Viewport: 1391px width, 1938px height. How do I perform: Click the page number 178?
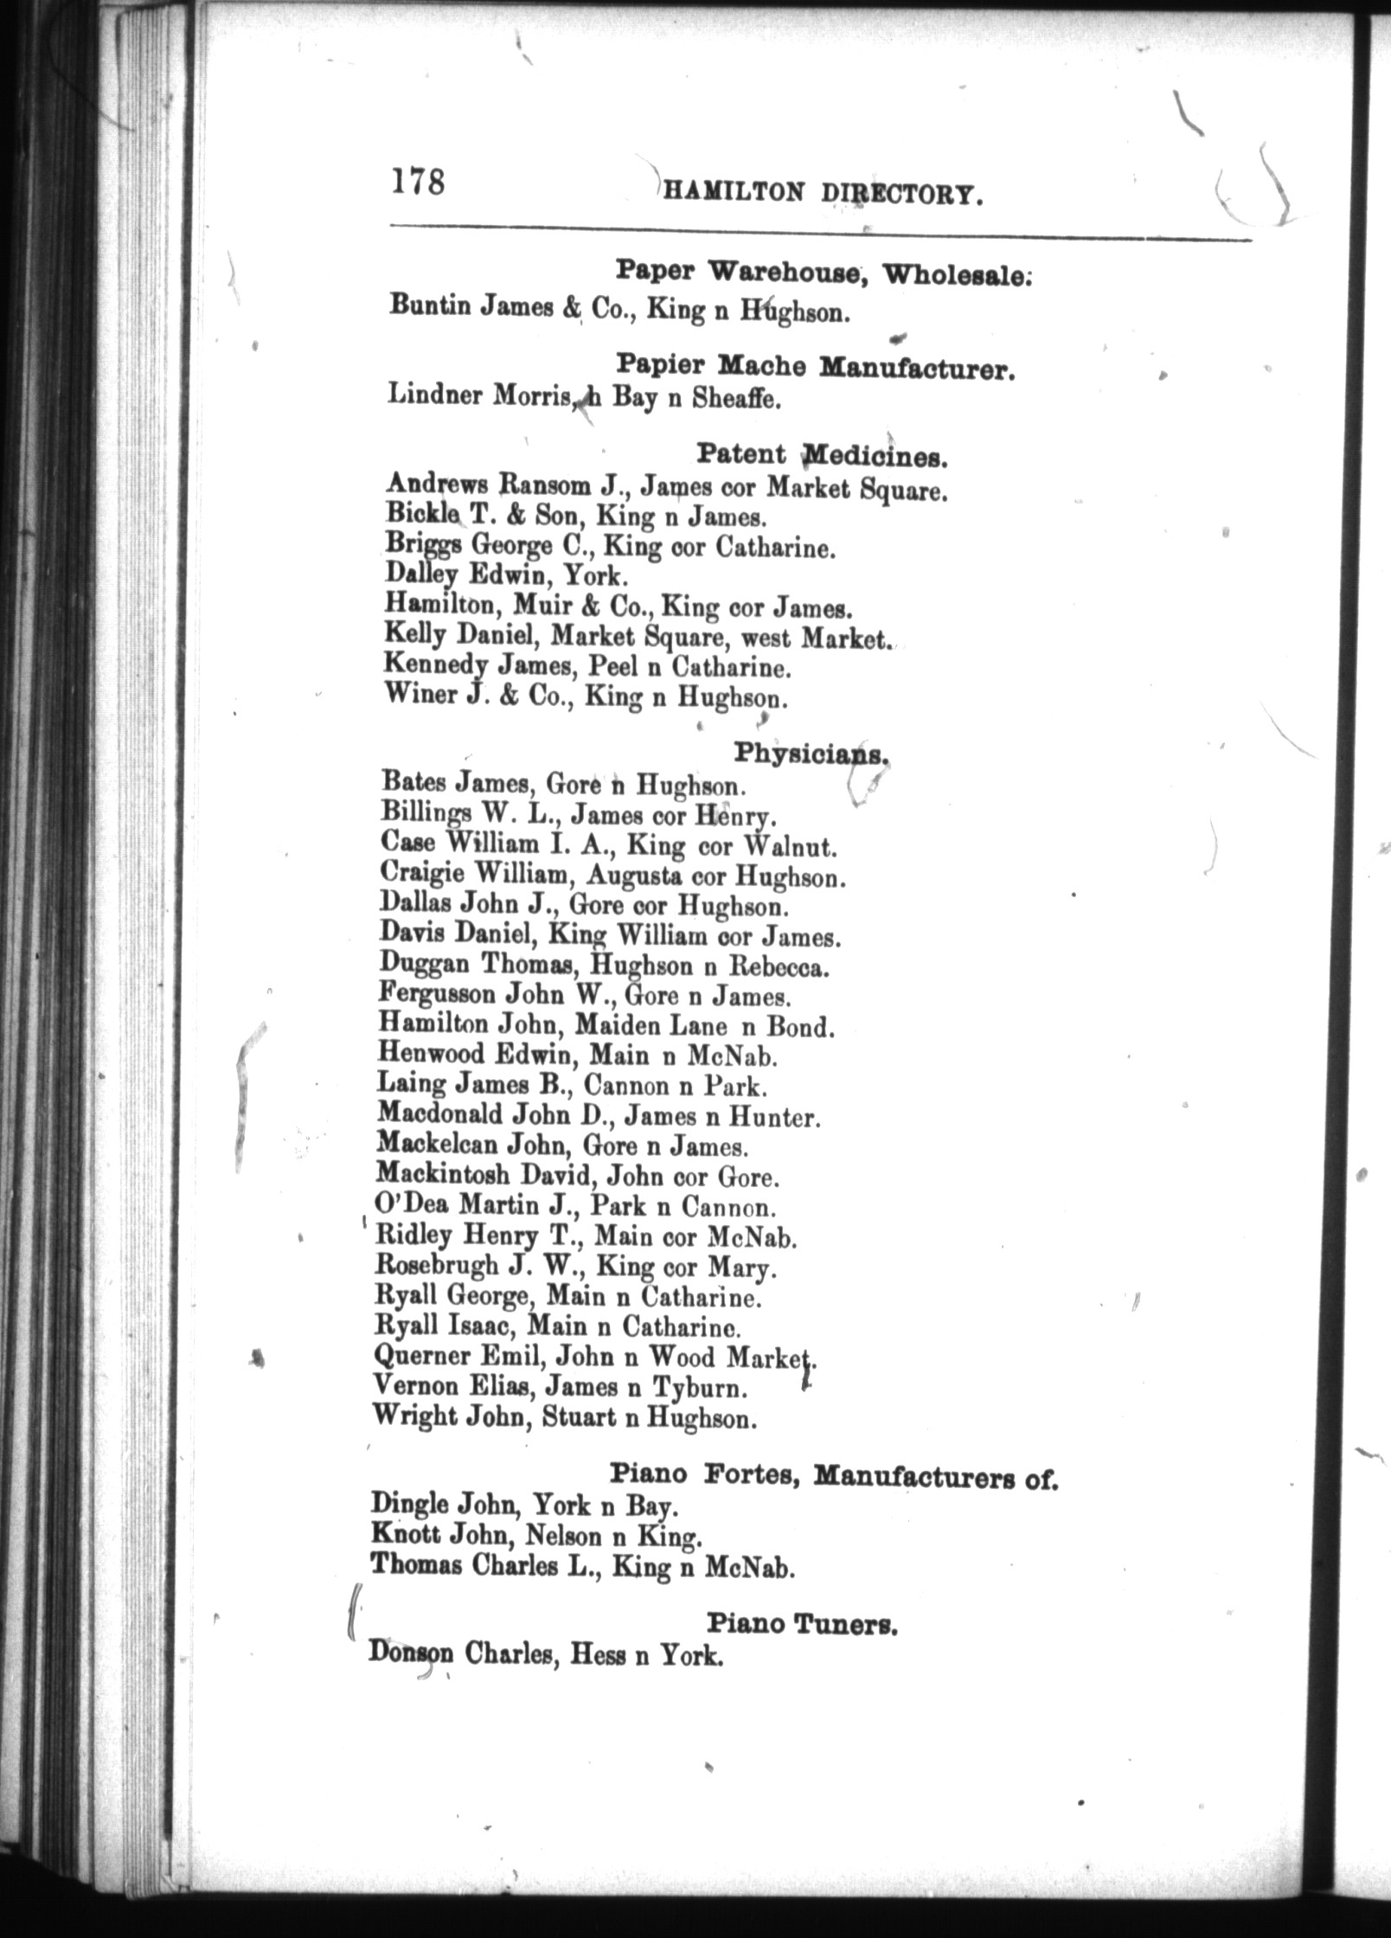coord(418,183)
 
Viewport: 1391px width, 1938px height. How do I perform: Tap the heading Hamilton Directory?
coord(823,194)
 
